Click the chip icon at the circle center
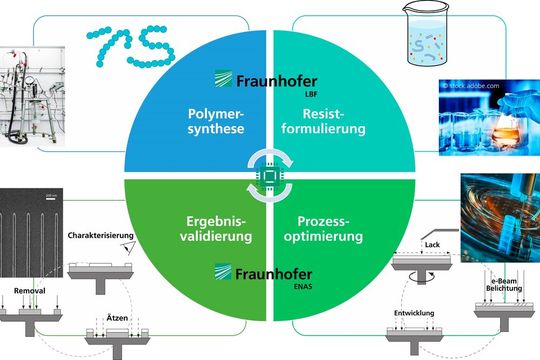coord(269,176)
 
